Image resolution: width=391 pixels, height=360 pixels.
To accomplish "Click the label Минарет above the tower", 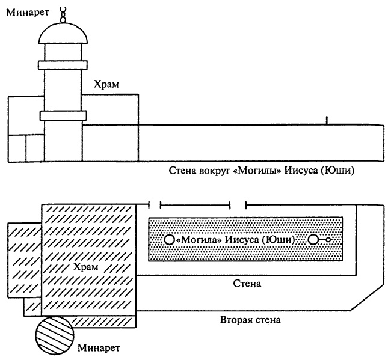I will click(x=23, y=11).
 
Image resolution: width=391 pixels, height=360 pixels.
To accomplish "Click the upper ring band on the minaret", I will click(x=63, y=64).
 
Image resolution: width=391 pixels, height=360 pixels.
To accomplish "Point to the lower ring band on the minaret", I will click(x=63, y=115).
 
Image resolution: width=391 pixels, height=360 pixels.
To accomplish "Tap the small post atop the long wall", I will click(x=327, y=120).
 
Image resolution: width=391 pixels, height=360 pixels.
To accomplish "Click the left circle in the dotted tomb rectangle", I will click(x=169, y=240).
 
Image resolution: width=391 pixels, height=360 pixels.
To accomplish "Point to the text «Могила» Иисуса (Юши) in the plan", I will click(x=236, y=240).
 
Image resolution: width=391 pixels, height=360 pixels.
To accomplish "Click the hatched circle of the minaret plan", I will click(x=54, y=336).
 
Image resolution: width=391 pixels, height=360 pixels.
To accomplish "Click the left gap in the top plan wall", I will click(x=156, y=205).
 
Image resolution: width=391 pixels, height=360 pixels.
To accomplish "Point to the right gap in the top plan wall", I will click(x=239, y=205).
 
